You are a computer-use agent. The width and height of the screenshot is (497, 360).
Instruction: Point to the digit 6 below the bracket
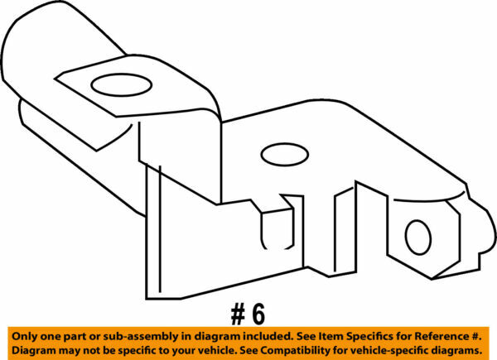tap(258, 314)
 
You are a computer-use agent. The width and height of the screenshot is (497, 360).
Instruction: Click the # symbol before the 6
tap(238, 314)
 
